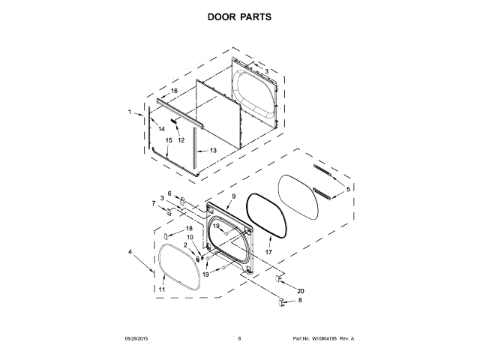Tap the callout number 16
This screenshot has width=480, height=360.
(x=174, y=91)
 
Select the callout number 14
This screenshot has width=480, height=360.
(x=161, y=129)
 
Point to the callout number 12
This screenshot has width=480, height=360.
(x=181, y=140)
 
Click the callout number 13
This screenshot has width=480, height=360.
(x=213, y=151)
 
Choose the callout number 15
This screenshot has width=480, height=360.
(x=169, y=140)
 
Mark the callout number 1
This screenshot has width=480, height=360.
(x=129, y=112)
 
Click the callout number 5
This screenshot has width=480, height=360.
(x=347, y=190)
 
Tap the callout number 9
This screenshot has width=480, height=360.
(x=233, y=196)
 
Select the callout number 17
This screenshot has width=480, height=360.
(x=267, y=253)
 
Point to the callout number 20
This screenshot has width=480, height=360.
(x=301, y=290)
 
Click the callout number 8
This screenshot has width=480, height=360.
(x=301, y=301)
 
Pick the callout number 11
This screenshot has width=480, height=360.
(x=161, y=289)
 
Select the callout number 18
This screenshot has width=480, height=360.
(x=189, y=228)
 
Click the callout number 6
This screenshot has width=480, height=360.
(x=169, y=193)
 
